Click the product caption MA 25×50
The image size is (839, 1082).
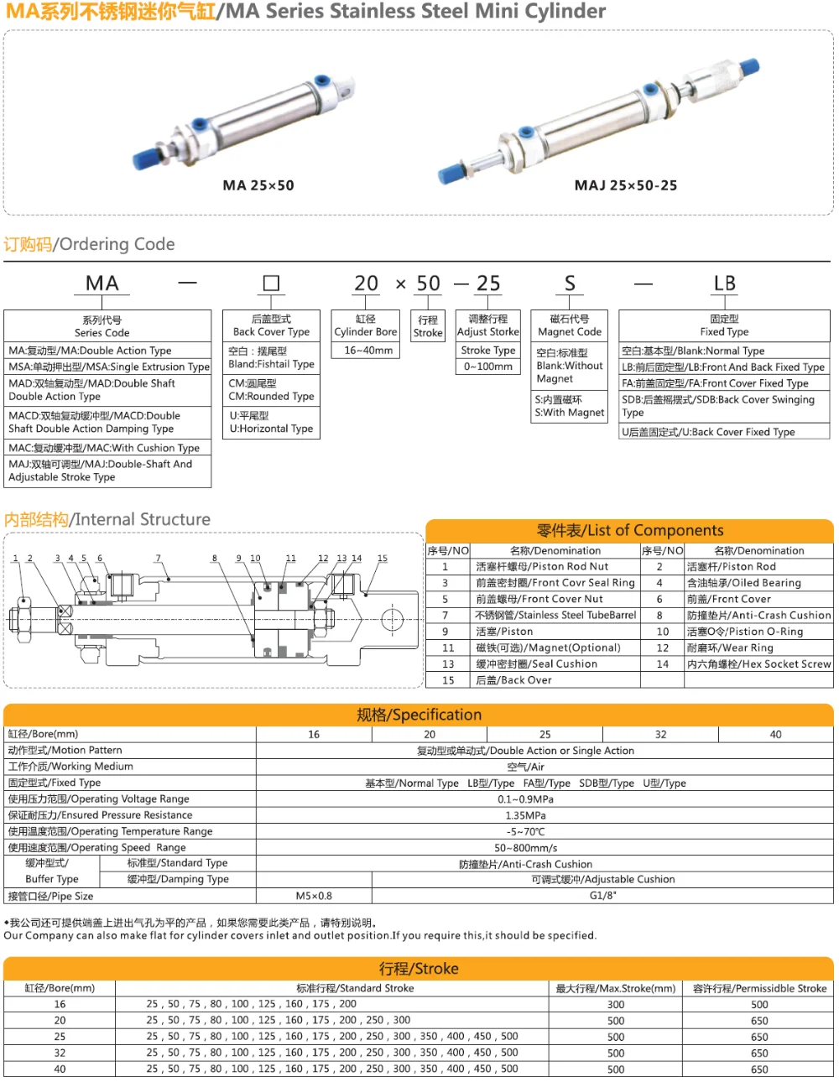tap(258, 185)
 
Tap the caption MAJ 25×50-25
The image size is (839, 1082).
tap(626, 185)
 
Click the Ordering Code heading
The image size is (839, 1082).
tap(89, 244)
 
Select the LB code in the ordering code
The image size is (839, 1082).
tap(724, 284)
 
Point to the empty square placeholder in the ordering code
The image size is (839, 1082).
tap(271, 284)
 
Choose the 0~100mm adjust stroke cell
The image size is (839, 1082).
tap(488, 367)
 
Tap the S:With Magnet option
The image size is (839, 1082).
tap(570, 406)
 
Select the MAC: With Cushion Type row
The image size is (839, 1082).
tap(104, 448)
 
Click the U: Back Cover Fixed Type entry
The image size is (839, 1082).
tap(708, 432)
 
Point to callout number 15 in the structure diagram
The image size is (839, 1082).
tap(383, 559)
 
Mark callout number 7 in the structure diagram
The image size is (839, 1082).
tap(158, 559)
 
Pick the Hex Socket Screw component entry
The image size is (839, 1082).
tap(758, 663)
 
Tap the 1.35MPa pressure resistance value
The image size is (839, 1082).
tap(526, 815)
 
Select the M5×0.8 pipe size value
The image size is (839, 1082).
tap(314, 896)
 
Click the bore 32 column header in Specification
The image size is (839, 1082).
tap(661, 734)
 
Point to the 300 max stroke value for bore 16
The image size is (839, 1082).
tap(616, 1005)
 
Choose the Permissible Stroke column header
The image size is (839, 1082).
tap(759, 988)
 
